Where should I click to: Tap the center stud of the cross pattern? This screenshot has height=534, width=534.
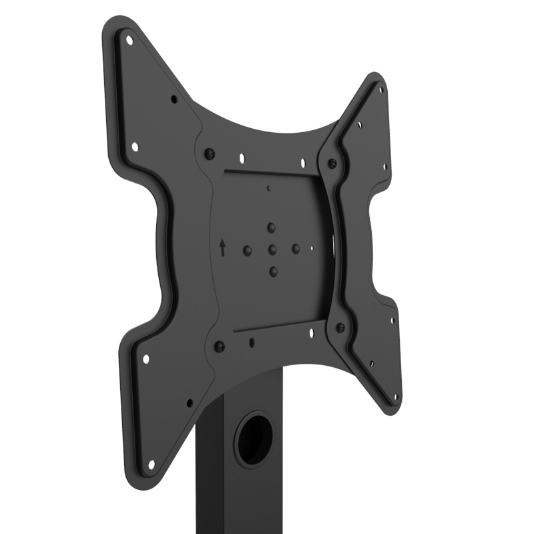point(272,250)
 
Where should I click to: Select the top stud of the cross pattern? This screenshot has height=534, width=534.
point(271,228)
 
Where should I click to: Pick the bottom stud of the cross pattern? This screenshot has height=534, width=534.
point(273,271)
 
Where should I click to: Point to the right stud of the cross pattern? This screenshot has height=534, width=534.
point(296,248)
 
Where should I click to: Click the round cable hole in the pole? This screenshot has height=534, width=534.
point(255,439)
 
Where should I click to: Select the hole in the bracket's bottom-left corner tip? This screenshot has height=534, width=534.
point(151,463)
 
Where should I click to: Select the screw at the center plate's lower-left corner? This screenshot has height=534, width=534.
point(218,346)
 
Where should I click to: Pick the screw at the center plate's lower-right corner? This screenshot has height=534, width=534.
point(340,327)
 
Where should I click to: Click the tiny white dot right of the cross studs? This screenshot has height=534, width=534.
point(312,248)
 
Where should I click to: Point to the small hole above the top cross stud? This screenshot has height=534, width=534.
point(268,189)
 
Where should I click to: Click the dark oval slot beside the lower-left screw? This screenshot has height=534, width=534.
point(251,342)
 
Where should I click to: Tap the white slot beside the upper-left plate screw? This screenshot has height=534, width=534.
point(242,159)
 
